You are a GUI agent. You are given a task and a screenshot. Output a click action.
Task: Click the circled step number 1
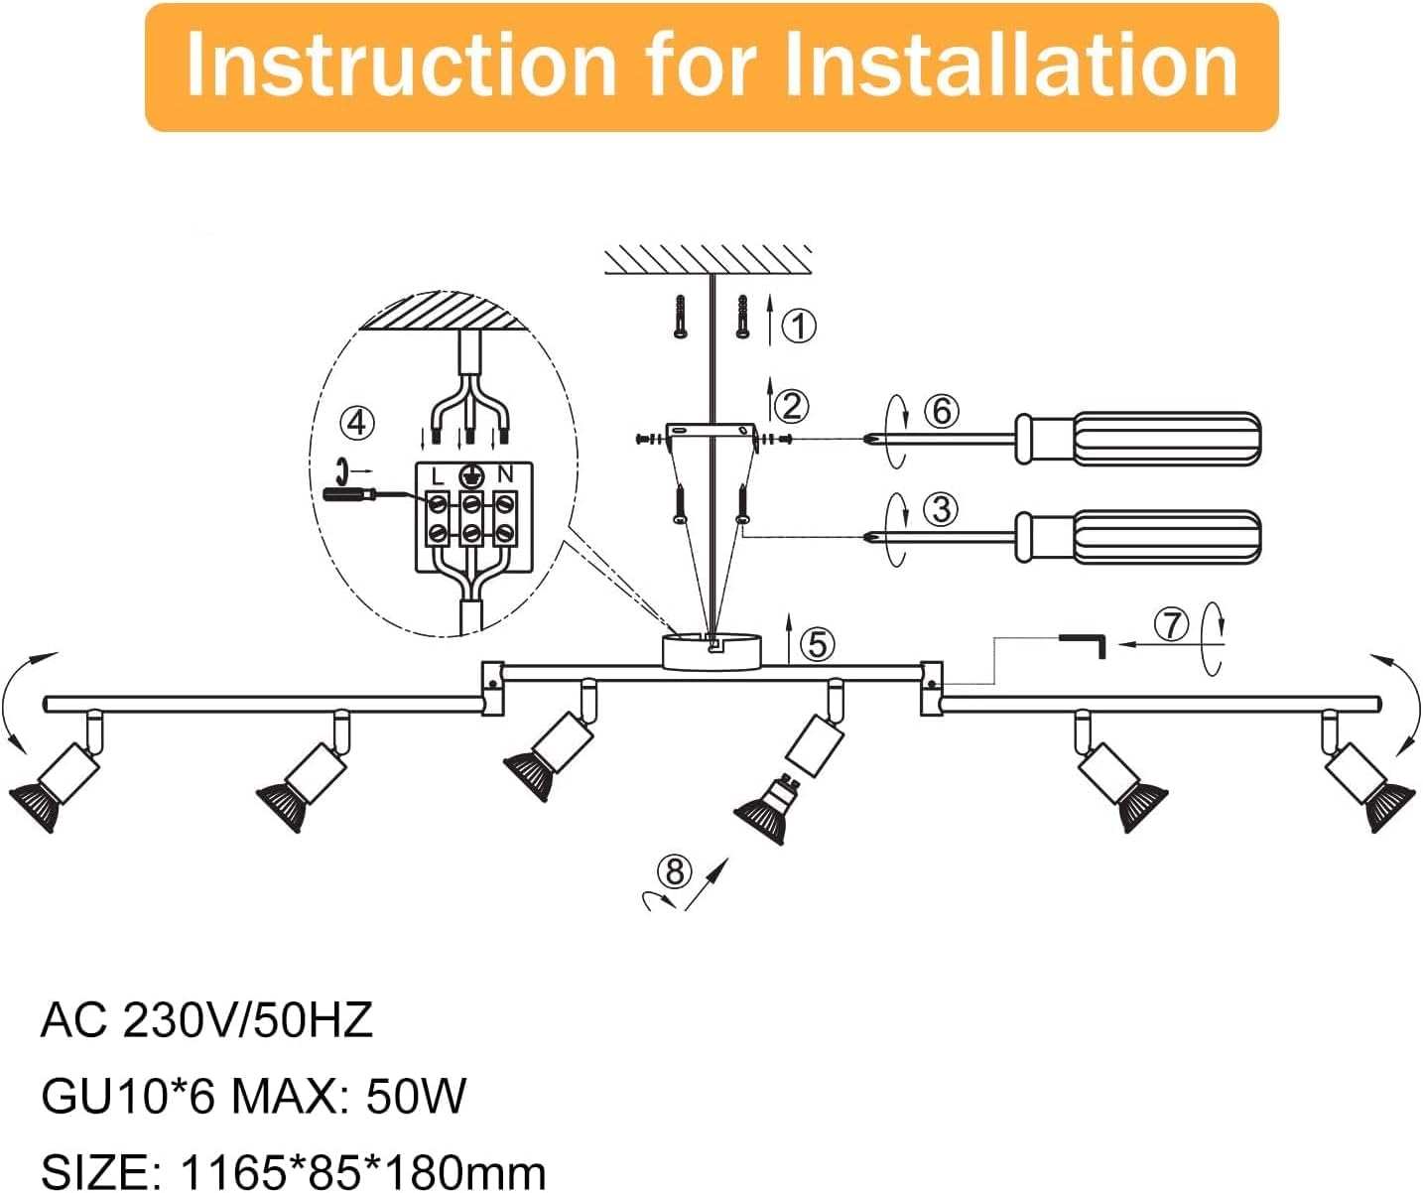(x=798, y=326)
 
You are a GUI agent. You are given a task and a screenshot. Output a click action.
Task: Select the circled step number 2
(x=791, y=406)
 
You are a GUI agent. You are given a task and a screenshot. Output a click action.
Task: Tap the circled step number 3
(x=941, y=509)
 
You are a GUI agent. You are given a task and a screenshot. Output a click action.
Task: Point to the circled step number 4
(x=357, y=424)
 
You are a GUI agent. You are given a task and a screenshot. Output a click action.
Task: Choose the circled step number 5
(x=817, y=643)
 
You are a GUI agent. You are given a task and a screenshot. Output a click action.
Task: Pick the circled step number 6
(x=941, y=411)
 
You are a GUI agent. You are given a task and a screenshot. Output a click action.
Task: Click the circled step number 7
(x=1172, y=624)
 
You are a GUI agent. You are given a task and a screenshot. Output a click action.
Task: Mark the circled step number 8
(x=675, y=871)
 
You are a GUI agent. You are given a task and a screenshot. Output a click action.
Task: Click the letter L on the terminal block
(x=437, y=475)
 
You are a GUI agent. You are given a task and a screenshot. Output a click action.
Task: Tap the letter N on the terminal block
(x=505, y=473)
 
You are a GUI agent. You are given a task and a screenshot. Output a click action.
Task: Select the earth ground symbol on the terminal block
(x=470, y=473)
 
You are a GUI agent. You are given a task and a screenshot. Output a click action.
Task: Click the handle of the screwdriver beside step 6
(x=1138, y=439)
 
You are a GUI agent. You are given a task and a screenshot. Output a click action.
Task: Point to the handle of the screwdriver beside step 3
(x=1138, y=537)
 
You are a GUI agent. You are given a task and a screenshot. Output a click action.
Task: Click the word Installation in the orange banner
(x=1011, y=66)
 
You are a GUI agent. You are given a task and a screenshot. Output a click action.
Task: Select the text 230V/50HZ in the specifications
(x=247, y=1020)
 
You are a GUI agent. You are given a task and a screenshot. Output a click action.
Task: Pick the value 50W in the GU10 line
(x=416, y=1096)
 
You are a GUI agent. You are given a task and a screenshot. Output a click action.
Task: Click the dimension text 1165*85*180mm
(x=362, y=1171)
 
